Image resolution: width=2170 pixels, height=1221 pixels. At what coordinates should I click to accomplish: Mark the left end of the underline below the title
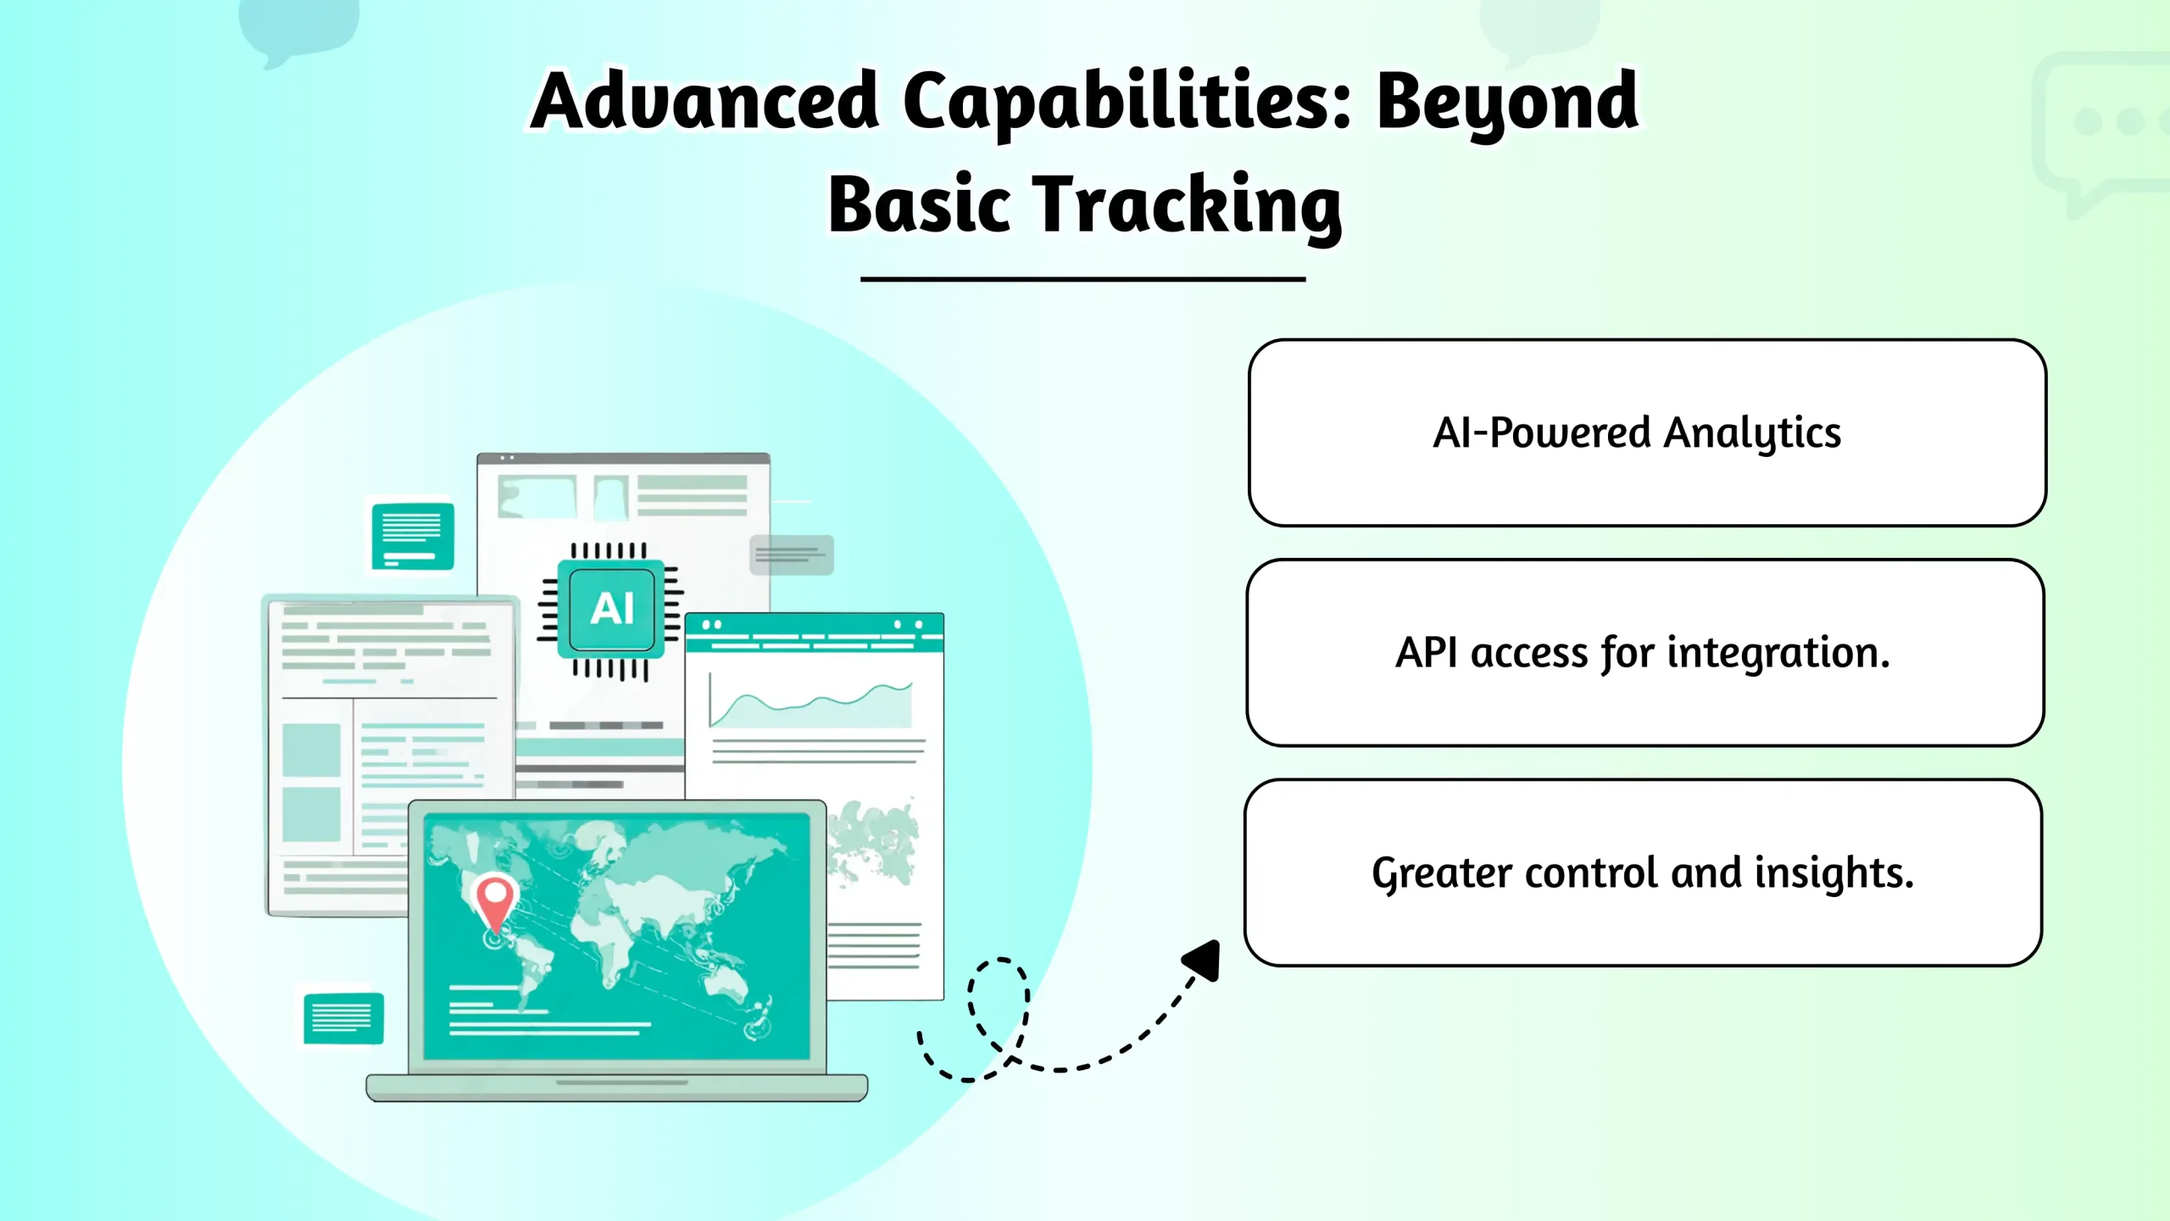click(x=861, y=278)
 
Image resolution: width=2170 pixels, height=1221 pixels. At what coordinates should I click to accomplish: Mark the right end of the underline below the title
click(x=1305, y=278)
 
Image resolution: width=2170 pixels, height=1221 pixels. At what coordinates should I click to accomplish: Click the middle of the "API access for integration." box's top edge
click(x=1645, y=560)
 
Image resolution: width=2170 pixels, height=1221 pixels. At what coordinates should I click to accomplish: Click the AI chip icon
click(x=610, y=610)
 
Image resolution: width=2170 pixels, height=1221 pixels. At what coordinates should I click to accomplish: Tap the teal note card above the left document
click(x=413, y=536)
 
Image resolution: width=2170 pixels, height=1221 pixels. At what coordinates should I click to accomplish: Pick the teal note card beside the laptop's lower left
click(x=343, y=1017)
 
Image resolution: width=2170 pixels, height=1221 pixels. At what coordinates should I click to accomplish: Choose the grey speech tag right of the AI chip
click(x=792, y=555)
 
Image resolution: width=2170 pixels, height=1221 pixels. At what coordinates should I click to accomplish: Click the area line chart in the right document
click(x=811, y=704)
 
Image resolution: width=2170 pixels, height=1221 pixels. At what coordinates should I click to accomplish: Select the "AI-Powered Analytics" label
click(x=1637, y=432)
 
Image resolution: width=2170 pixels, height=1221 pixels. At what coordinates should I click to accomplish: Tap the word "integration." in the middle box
click(x=1778, y=653)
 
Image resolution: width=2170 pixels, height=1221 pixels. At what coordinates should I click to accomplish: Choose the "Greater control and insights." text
click(x=1643, y=873)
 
